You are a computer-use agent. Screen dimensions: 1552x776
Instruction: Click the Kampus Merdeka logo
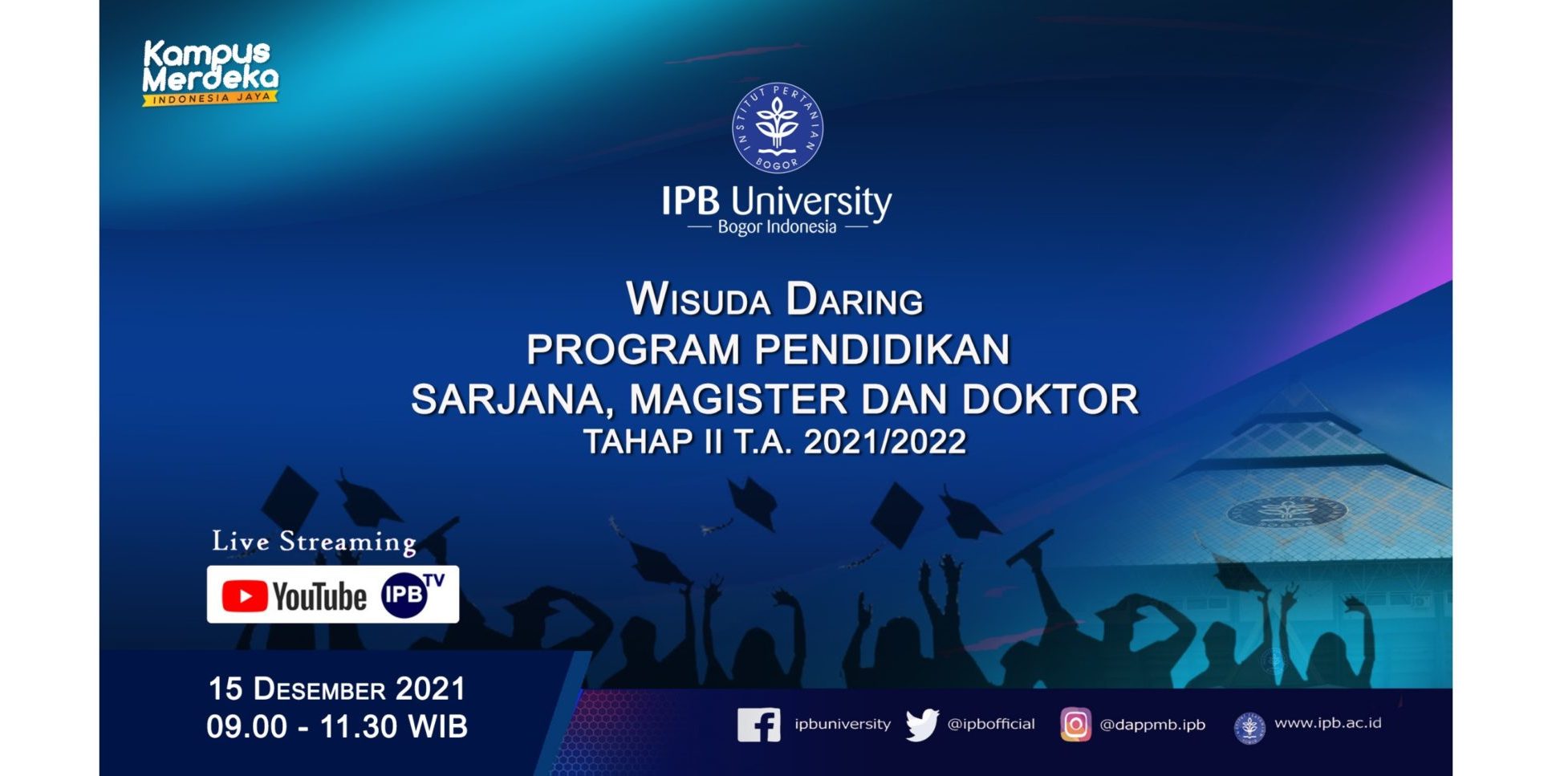point(210,73)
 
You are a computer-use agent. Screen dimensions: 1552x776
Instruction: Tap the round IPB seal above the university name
point(777,128)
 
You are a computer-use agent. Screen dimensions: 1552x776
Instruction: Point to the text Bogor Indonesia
point(777,227)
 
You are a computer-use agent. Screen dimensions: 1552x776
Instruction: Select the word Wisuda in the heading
point(698,299)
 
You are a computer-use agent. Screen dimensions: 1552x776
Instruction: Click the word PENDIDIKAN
point(882,350)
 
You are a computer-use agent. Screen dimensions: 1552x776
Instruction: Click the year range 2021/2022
point(885,442)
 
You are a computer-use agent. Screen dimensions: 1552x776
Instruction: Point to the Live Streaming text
point(314,542)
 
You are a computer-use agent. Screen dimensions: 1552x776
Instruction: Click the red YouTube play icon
point(245,596)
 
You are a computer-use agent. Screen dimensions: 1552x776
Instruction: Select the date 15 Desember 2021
point(337,689)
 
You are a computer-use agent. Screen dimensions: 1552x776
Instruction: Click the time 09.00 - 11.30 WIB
point(337,727)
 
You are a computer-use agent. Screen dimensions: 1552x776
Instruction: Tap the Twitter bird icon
point(922,725)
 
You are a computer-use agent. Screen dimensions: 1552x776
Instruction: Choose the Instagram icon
point(1075,725)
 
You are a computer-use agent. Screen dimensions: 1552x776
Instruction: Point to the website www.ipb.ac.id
point(1328,723)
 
